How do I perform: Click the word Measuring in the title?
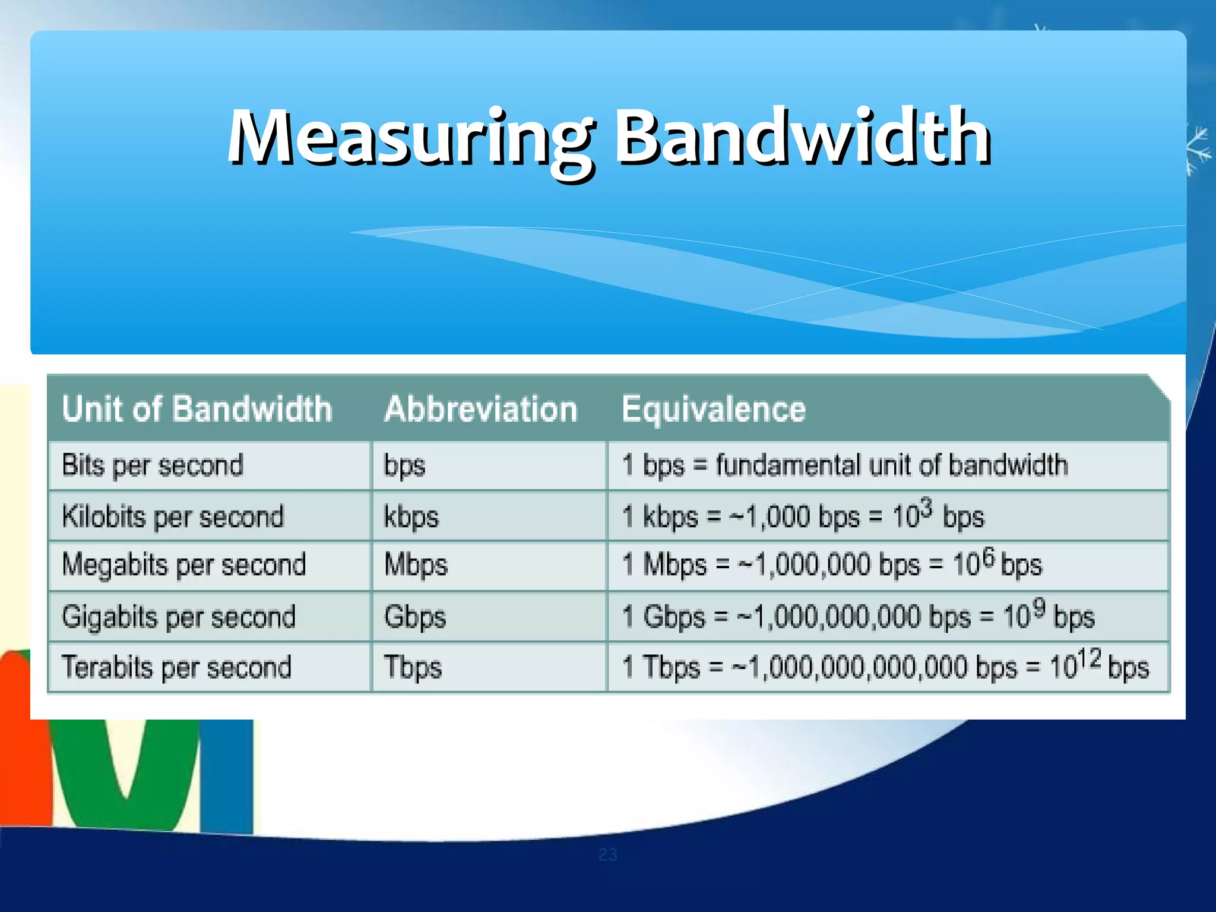coord(410,138)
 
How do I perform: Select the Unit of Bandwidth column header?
coord(197,409)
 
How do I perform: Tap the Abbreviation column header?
coord(481,409)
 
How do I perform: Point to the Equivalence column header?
coord(714,409)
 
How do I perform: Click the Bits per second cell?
coord(153,465)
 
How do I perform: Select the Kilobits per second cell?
coord(173,517)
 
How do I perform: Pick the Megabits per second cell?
coord(183,565)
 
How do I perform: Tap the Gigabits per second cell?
coord(178,617)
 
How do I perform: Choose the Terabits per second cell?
coord(176,667)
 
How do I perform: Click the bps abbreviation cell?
coord(404,466)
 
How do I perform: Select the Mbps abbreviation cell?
coord(416,565)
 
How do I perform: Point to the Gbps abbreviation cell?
coord(414,617)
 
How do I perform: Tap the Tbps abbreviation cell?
coord(413,667)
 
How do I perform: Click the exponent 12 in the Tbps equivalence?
coord(1090,658)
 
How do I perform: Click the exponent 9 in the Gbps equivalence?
coord(1038,607)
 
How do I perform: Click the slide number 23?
coord(607,854)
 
